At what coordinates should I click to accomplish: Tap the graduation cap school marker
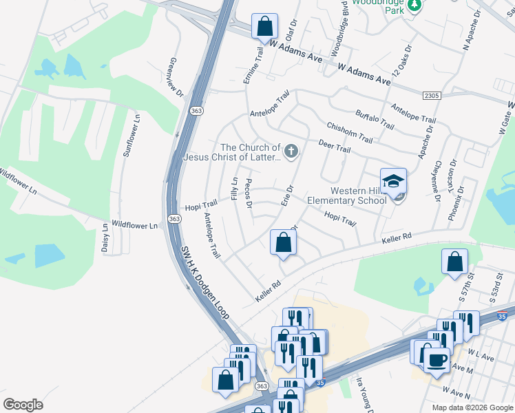tap(393, 181)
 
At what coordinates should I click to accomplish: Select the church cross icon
tap(291, 151)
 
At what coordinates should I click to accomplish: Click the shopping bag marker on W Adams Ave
tap(264, 27)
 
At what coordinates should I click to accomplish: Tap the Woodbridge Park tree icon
tap(414, 6)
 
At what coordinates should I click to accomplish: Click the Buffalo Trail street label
tap(375, 120)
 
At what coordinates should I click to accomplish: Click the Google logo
tap(23, 404)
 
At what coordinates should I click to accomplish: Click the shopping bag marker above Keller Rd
tap(283, 242)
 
